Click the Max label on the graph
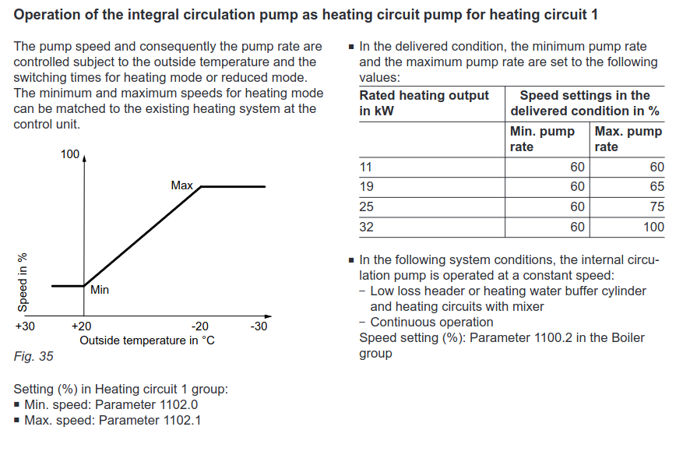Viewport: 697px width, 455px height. [x=182, y=186]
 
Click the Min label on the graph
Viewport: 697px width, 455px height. [x=100, y=290]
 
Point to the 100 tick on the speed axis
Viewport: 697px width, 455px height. [x=70, y=154]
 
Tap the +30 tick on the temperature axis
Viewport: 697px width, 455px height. [x=25, y=326]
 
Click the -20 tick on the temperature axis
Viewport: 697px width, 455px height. [x=200, y=326]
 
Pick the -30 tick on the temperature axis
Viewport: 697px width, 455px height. [x=259, y=326]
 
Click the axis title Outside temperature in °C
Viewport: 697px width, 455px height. [x=147, y=340]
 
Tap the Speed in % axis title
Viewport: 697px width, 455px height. [x=23, y=282]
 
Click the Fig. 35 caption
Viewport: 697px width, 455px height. [x=33, y=357]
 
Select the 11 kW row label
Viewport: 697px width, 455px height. [x=366, y=167]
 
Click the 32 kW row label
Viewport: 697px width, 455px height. [x=367, y=227]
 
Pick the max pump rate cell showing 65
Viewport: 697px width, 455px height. [x=657, y=187]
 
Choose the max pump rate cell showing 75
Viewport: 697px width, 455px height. [x=657, y=207]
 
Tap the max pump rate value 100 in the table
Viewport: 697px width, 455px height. [x=653, y=227]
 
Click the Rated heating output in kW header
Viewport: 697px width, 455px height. [x=424, y=103]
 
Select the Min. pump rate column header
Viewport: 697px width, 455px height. [x=542, y=139]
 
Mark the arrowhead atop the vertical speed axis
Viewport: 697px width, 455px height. [x=84, y=157]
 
